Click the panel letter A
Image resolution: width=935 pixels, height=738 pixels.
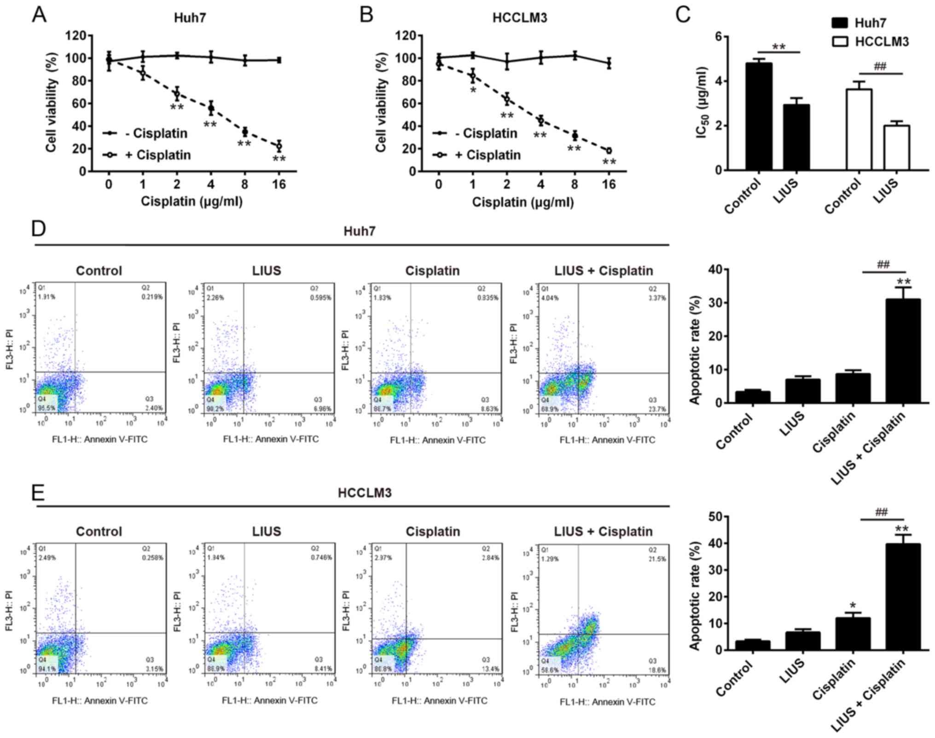pos(39,15)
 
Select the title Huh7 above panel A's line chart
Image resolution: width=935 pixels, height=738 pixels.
pos(190,18)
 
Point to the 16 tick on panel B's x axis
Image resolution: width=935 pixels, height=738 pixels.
pos(609,185)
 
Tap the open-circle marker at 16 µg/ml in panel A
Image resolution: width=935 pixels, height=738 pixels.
pos(279,146)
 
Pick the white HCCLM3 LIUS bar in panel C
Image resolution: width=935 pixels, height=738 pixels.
pos(896,147)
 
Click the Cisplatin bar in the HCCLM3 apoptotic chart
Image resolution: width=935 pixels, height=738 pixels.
pos(853,633)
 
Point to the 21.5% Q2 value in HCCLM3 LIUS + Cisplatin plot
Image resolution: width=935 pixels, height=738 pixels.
pos(656,558)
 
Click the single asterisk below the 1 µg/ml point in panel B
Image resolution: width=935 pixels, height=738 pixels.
pos(473,90)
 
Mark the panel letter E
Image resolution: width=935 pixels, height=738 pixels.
pos(39,493)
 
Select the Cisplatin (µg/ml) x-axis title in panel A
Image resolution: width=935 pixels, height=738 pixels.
pos(192,201)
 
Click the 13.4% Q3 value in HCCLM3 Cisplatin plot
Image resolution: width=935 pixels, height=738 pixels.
pos(489,668)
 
